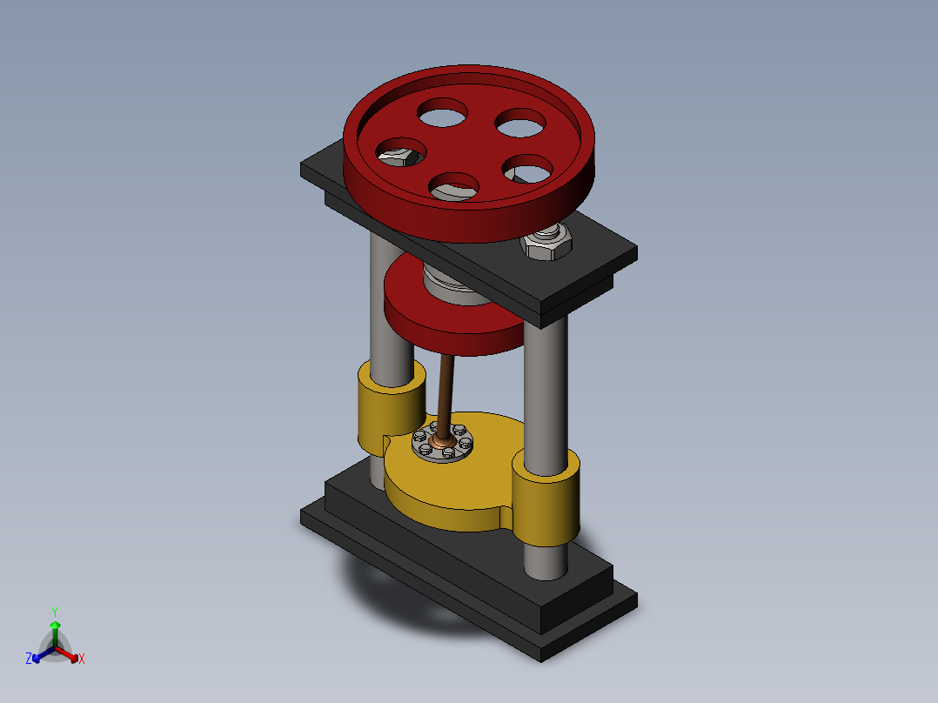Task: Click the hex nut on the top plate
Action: click(546, 243)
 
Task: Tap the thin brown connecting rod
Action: click(446, 396)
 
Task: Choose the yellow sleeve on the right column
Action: click(546, 499)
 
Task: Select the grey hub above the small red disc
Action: click(449, 284)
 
